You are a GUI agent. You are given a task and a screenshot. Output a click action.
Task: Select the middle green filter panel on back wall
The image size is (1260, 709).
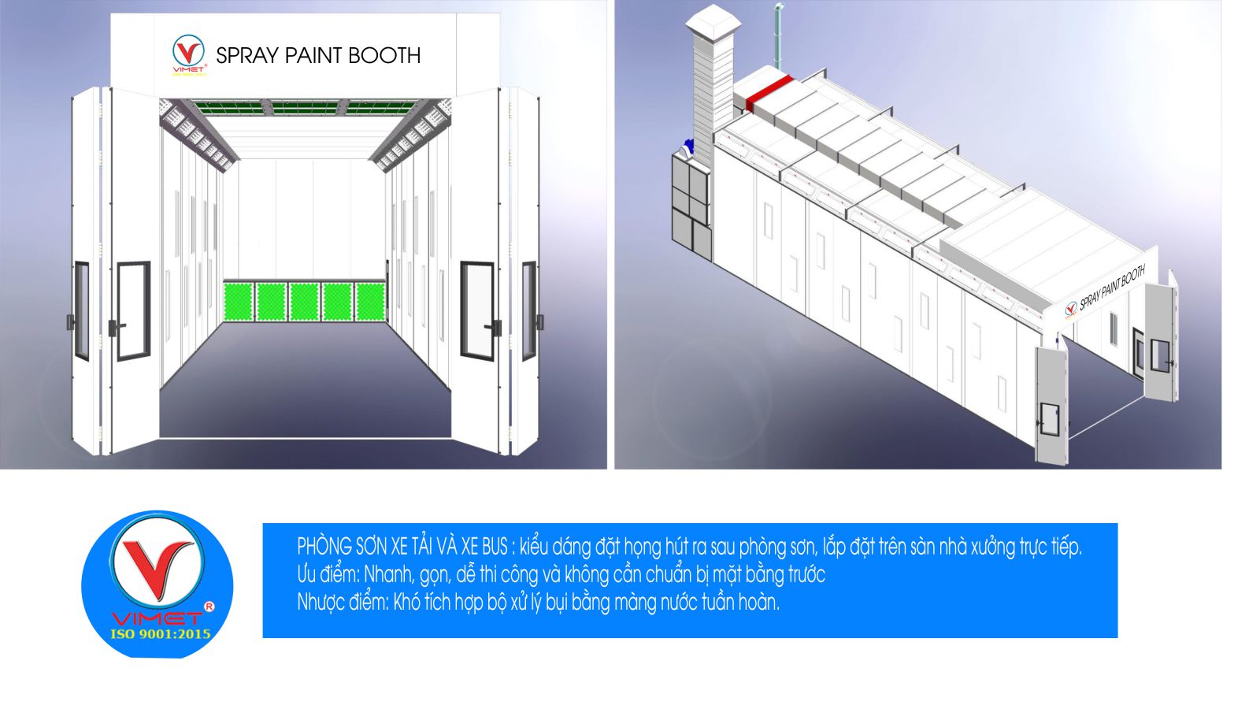click(304, 302)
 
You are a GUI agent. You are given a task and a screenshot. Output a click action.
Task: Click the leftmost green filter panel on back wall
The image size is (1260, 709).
click(239, 302)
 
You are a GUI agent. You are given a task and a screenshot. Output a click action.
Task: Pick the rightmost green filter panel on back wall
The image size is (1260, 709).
click(369, 302)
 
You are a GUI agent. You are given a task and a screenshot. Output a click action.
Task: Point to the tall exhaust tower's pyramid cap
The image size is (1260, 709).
click(710, 21)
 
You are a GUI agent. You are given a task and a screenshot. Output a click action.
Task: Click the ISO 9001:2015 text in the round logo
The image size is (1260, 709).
click(160, 633)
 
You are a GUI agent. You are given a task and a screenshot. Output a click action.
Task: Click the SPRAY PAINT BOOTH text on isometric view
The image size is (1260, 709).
click(1111, 289)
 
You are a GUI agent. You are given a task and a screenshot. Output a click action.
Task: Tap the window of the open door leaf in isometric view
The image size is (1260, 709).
click(1050, 418)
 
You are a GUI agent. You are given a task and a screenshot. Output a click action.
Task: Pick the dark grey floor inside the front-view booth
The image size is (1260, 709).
click(306, 378)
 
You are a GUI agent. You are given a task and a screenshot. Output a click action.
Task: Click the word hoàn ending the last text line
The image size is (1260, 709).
click(758, 603)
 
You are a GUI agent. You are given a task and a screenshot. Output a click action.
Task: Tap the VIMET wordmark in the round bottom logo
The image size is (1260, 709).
click(157, 618)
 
